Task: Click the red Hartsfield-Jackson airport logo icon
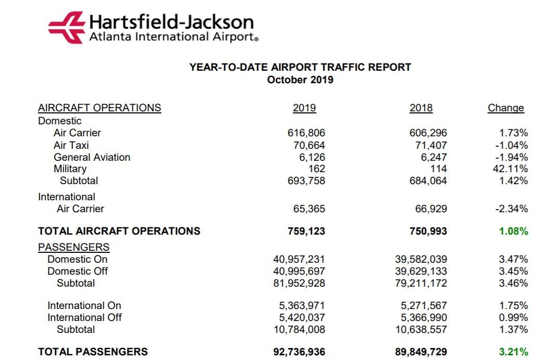[66, 28]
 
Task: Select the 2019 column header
[304, 108]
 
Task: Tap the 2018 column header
[421, 108]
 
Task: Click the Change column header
[506, 108]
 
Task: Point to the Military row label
[70, 169]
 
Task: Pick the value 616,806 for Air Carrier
[307, 133]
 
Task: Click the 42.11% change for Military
[510, 169]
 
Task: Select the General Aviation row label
[92, 157]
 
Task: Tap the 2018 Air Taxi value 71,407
[428, 145]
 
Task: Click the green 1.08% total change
[513, 231]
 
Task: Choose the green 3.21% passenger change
[513, 352]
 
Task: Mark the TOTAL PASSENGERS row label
[93, 352]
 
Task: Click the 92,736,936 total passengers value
[299, 352]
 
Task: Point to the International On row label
[84, 305]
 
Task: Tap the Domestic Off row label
[78, 271]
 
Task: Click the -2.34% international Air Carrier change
[511, 209]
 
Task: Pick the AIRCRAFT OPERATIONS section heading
[99, 108]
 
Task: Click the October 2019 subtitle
[300, 80]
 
